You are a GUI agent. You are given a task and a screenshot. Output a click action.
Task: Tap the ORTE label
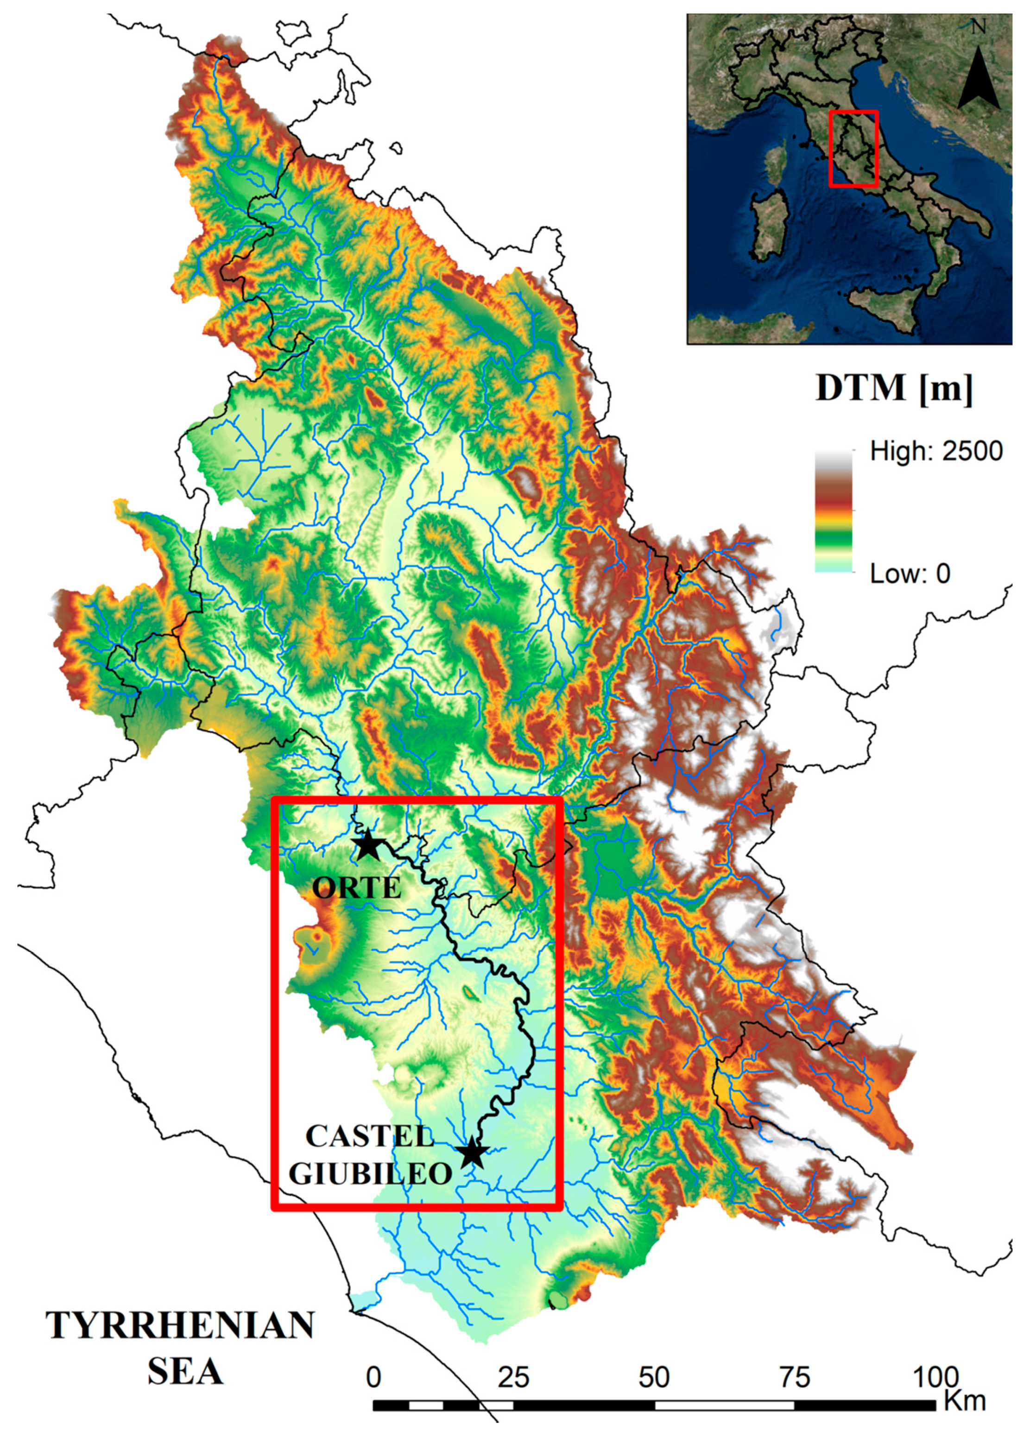pyautogui.click(x=357, y=889)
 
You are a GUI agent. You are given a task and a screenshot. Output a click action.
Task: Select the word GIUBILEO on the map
pyautogui.click(x=371, y=1173)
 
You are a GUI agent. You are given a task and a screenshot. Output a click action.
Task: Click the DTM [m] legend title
pyautogui.click(x=893, y=388)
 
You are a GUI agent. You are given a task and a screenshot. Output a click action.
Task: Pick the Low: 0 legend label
pyautogui.click(x=910, y=574)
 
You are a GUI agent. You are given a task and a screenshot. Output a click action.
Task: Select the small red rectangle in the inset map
pyautogui.click(x=853, y=149)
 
